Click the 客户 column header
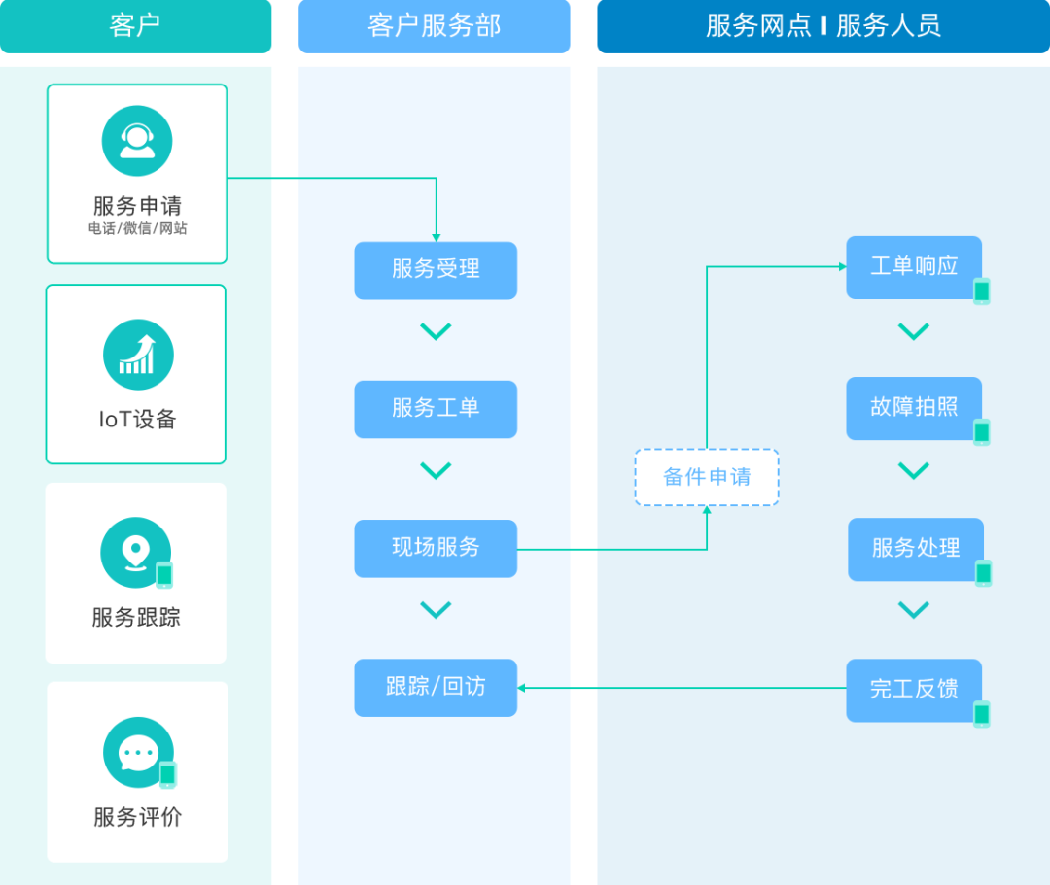pos(135,26)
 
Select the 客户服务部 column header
pos(434,26)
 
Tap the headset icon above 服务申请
pos(137,141)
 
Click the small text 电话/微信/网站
pos(137,229)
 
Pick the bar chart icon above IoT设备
pos(137,355)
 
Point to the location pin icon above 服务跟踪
pos(135,552)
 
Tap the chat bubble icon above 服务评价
pos(138,752)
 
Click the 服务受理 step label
pos(436,268)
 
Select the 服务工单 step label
pos(436,408)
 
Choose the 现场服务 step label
pos(436,547)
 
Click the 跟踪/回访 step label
pos(436,687)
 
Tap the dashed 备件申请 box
pos(707,477)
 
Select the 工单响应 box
pos(913,266)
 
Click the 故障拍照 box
pos(913,407)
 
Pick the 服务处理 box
pos(915,548)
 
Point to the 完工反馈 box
pos(913,689)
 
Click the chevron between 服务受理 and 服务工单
pos(436,332)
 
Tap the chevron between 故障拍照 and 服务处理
pos(913,471)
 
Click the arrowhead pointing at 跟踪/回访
pos(521,688)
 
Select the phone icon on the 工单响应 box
pos(982,290)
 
